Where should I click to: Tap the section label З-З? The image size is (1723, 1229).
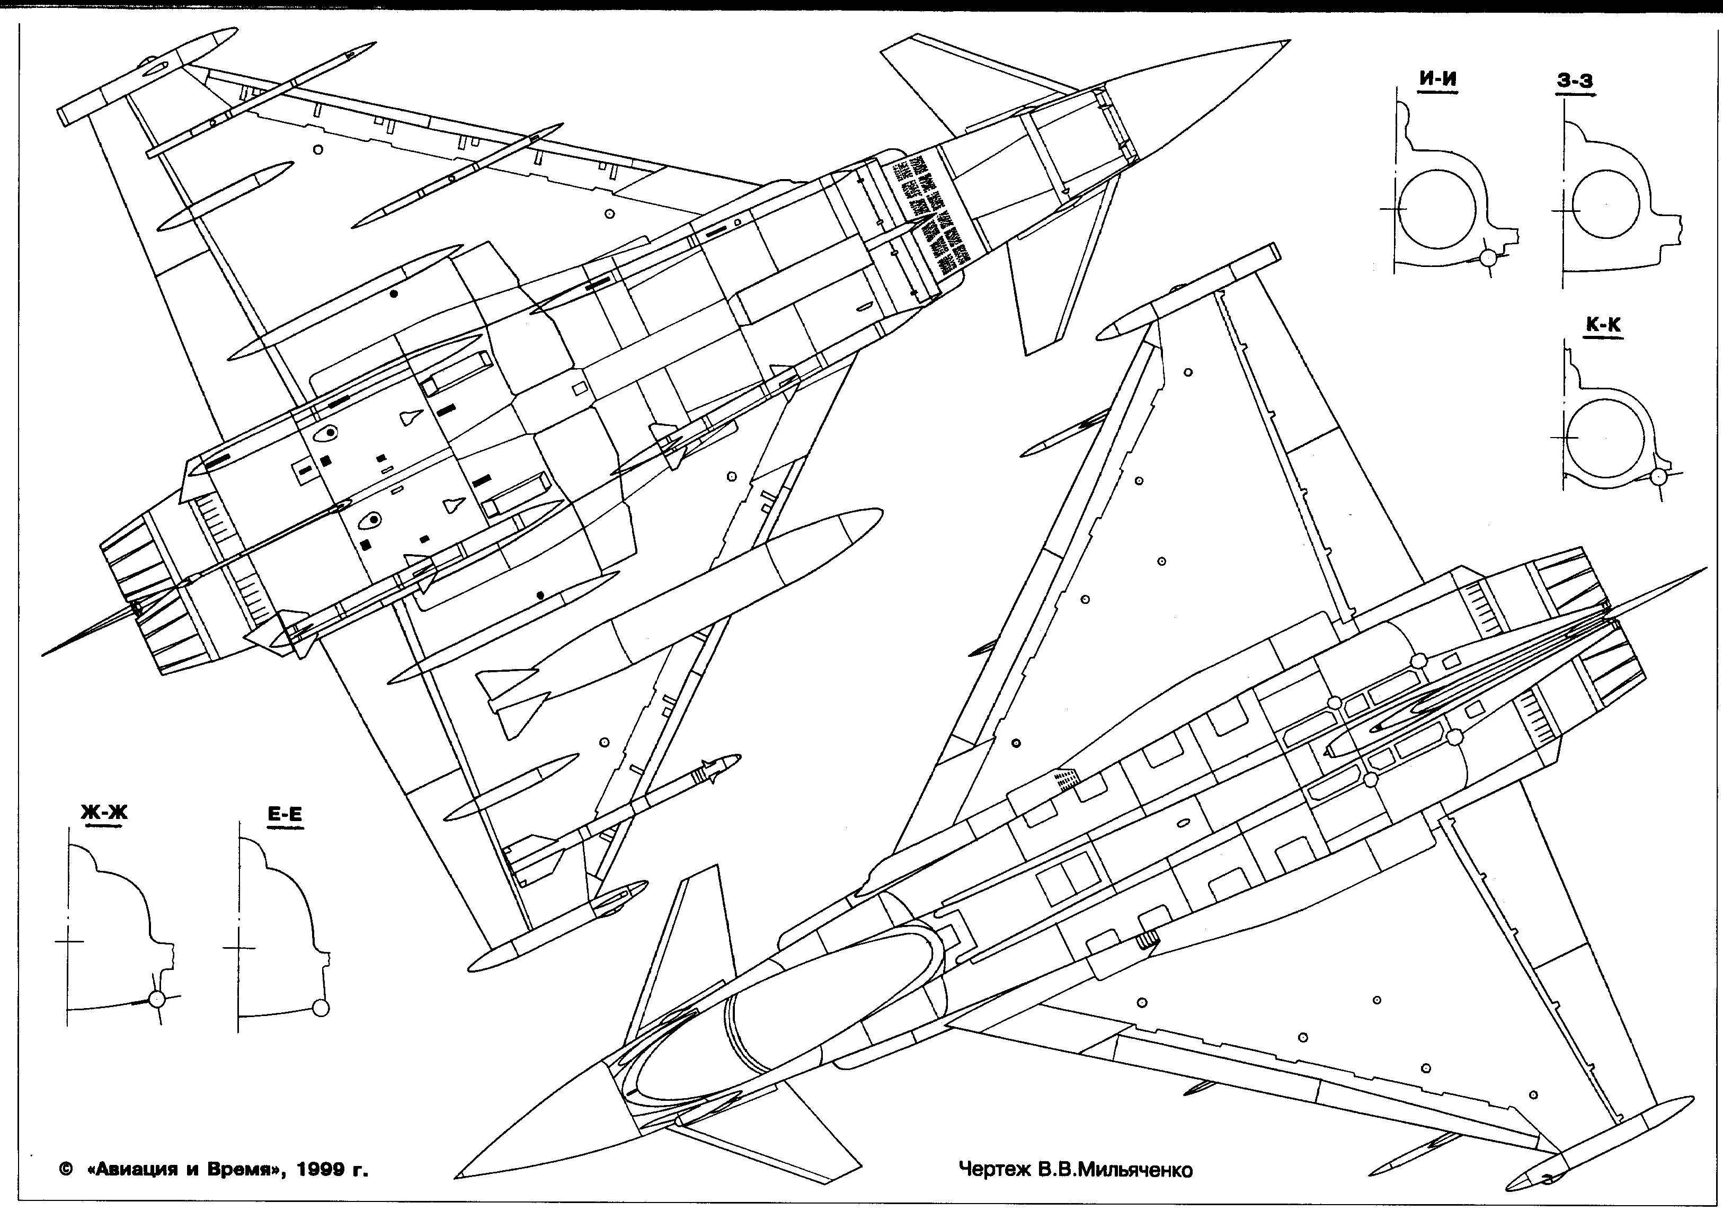pyautogui.click(x=1576, y=81)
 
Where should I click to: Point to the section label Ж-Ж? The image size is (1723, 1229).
pyautogui.click(x=104, y=813)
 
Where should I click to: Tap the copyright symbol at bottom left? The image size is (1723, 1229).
pyautogui.click(x=65, y=1170)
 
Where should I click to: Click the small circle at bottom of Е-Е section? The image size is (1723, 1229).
pyautogui.click(x=321, y=1007)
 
